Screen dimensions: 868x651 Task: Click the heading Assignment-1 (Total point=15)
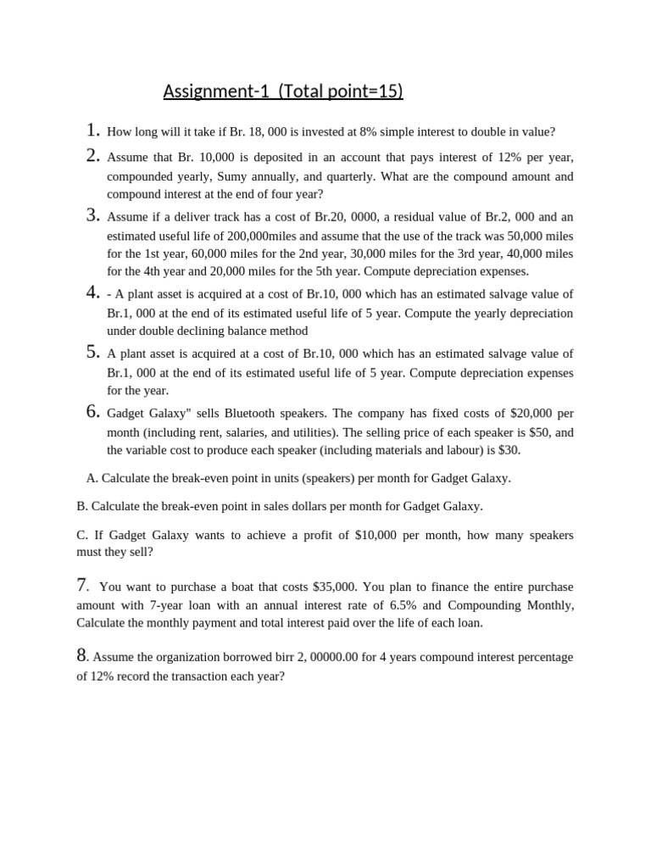(282, 91)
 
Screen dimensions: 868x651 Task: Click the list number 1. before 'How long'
(93, 131)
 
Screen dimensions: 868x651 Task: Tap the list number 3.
(93, 215)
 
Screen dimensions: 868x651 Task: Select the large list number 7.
(82, 584)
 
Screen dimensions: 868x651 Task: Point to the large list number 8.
(81, 654)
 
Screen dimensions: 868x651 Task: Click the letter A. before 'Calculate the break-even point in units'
(92, 478)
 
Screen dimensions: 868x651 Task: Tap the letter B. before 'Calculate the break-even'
(81, 506)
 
